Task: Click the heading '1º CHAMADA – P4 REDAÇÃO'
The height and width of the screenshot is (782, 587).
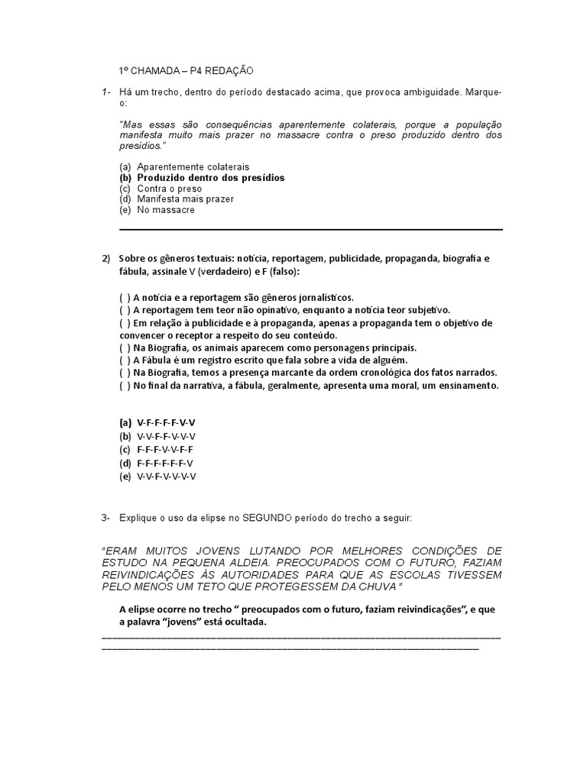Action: point(186,70)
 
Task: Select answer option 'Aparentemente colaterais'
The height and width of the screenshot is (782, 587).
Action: point(193,166)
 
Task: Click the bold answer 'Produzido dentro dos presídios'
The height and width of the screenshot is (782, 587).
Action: point(210,177)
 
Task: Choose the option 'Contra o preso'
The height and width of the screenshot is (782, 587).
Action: point(169,188)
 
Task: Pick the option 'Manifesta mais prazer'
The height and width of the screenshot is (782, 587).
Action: point(185,199)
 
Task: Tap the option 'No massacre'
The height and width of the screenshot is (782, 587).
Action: point(166,209)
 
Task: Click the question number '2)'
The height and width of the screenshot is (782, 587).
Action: point(107,259)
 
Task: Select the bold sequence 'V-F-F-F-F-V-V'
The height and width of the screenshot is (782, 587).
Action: point(166,422)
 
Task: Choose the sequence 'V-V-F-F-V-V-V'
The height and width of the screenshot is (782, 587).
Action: point(166,436)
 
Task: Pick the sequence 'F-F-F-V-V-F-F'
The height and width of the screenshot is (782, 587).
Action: point(165,449)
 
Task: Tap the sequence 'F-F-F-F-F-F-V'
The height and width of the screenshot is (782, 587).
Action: point(165,463)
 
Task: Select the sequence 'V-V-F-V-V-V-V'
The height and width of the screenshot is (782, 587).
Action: point(167,476)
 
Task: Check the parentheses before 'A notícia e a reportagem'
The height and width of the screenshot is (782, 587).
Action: point(125,298)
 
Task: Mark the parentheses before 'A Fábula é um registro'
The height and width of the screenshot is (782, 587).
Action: point(125,360)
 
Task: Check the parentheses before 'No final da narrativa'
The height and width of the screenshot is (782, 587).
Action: point(125,385)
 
